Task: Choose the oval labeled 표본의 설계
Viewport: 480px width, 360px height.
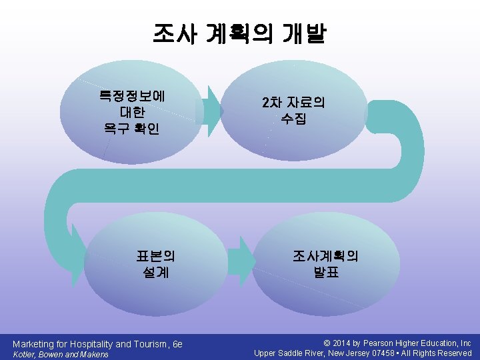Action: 156,264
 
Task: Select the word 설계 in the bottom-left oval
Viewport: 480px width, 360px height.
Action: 155,272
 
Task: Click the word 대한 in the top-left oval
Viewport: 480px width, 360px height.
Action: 132,111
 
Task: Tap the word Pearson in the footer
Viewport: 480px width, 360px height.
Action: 379,343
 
